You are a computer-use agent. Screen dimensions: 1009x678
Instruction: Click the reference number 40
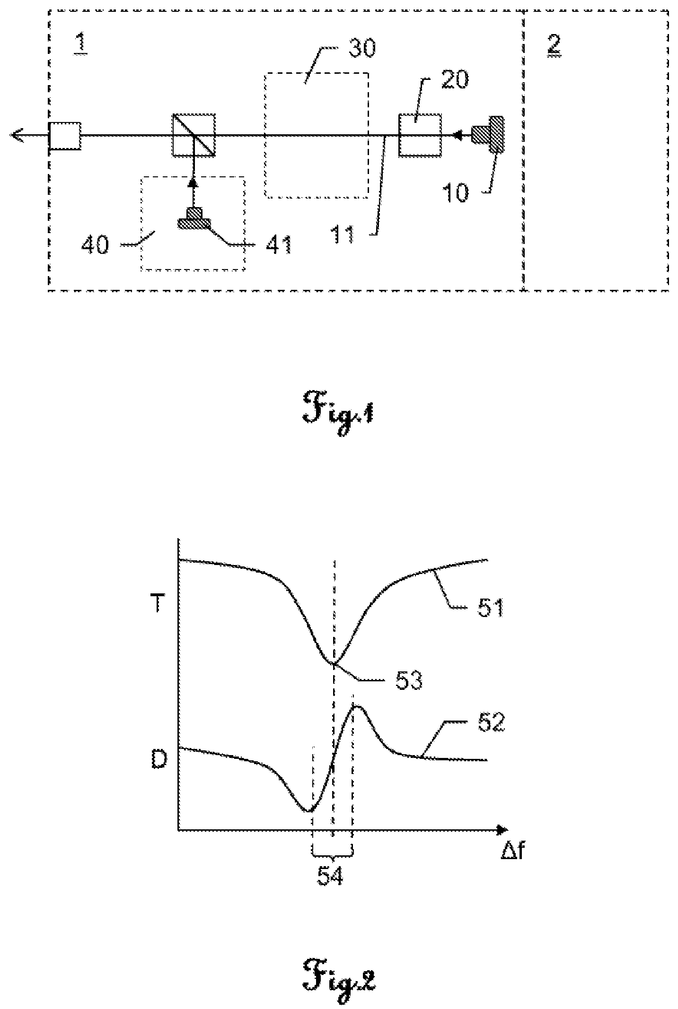95,245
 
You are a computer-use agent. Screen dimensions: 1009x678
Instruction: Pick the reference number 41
278,245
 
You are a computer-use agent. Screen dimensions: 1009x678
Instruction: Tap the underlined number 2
554,45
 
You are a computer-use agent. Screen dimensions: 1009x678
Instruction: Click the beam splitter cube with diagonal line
194,135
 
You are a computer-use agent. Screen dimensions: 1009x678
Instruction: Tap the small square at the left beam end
65,136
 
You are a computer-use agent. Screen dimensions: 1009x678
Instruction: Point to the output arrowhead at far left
17,136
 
